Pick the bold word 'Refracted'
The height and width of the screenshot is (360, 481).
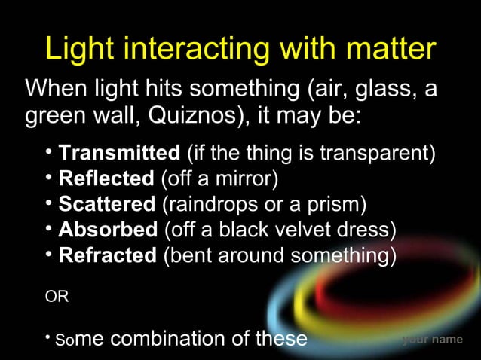107,255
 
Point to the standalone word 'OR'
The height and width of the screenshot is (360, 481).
57,297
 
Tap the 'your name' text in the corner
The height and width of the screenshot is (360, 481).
432,340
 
